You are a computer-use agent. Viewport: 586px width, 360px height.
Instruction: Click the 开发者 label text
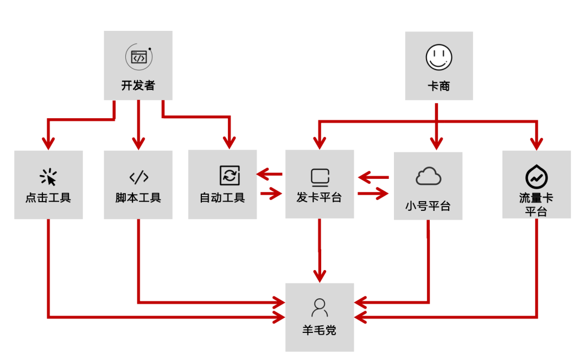pyautogui.click(x=138, y=86)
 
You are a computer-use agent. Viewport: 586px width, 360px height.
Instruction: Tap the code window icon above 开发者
pyautogui.click(x=138, y=57)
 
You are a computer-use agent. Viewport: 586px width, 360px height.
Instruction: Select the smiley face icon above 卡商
pyautogui.click(x=439, y=57)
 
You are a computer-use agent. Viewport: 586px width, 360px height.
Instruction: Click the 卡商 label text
pyautogui.click(x=439, y=86)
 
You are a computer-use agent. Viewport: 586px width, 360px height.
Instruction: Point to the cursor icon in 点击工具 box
pyautogui.click(x=48, y=177)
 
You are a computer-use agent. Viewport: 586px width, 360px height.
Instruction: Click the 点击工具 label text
pyautogui.click(x=48, y=198)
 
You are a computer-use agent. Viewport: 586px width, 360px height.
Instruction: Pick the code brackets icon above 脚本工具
pyautogui.click(x=138, y=177)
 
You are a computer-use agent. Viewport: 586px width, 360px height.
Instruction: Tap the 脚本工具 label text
pyautogui.click(x=138, y=198)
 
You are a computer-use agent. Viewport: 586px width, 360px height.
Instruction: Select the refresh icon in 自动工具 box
pyautogui.click(x=230, y=176)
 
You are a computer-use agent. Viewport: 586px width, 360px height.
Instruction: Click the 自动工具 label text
pyautogui.click(x=222, y=198)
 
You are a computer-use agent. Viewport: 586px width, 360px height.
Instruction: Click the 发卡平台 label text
pyautogui.click(x=320, y=198)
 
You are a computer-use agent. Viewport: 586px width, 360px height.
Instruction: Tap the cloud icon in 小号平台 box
pyautogui.click(x=428, y=177)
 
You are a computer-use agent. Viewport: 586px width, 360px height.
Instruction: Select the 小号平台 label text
pyautogui.click(x=428, y=207)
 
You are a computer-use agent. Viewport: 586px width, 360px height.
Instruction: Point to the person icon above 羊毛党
pyautogui.click(x=320, y=307)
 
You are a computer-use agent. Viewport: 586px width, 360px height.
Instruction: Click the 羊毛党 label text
pyautogui.click(x=320, y=330)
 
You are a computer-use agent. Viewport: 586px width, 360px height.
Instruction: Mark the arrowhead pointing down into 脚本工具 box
pyautogui.click(x=138, y=144)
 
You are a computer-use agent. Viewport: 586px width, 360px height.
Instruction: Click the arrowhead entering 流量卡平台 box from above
pyautogui.click(x=537, y=144)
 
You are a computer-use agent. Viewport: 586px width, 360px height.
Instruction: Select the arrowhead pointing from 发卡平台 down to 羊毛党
pyautogui.click(x=320, y=275)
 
